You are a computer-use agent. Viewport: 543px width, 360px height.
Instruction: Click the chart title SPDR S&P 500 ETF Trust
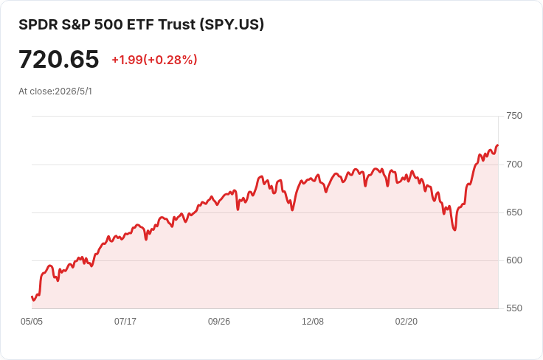coord(108,24)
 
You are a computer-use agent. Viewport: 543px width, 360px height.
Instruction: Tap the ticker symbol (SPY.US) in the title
coord(232,24)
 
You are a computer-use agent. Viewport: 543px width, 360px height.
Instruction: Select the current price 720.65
coord(59,59)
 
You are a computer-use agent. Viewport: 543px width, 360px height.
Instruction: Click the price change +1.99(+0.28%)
coord(154,60)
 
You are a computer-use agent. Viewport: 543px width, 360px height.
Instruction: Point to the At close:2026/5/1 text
coord(55,91)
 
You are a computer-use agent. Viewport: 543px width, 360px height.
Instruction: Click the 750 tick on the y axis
coord(514,116)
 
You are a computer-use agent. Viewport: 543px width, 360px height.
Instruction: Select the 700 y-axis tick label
coord(514,164)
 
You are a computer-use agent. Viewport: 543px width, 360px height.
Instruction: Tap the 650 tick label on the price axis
coord(514,212)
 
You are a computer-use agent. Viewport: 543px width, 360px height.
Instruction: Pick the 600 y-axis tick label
coord(514,260)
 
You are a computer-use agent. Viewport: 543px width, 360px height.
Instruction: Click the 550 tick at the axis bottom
coord(514,308)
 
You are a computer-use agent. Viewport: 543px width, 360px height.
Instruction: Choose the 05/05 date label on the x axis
coord(32,321)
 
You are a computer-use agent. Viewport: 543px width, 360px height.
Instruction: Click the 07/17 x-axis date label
coord(125,321)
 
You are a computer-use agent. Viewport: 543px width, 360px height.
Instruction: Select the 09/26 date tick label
coord(219,321)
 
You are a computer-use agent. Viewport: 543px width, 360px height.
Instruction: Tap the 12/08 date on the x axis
coord(313,321)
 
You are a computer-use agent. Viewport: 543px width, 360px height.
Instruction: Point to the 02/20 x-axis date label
coord(407,321)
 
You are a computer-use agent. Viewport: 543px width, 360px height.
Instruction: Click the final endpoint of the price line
coord(498,145)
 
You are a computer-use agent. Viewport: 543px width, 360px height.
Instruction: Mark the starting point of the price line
coord(32,297)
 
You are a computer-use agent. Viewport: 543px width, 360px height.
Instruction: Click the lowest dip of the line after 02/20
coord(454,230)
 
